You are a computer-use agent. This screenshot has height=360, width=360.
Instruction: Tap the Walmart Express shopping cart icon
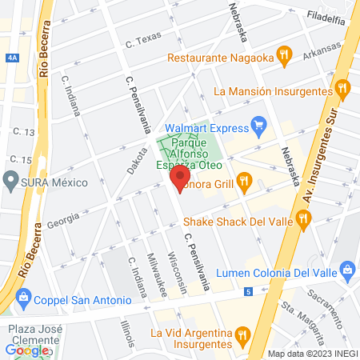pos(258,125)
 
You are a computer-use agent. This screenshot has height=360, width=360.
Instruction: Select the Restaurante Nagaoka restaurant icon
pos(282,54)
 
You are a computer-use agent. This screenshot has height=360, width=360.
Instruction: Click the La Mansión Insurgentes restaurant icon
pos(343,88)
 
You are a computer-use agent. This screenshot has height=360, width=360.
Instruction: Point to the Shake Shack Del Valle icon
pos(302,217)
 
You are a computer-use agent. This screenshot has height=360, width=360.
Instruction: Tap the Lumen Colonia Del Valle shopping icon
pos(346,268)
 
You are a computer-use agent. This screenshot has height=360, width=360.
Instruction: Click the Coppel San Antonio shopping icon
pos(24,299)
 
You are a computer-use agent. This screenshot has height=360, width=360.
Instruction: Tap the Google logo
pos(26,350)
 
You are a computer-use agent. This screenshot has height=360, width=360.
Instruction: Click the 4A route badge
pos(10,58)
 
